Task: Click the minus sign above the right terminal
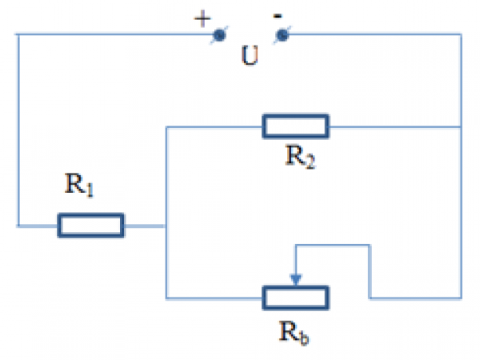point(278,15)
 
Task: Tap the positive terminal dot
point(218,35)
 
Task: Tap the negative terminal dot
point(282,35)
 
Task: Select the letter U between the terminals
point(250,59)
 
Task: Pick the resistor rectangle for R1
point(90,226)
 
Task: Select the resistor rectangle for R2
point(295,126)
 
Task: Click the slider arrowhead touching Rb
point(296,280)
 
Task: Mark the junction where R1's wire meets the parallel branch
point(165,226)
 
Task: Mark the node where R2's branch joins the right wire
point(462,126)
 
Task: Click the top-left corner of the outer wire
point(18,34)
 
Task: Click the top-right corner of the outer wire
point(462,34)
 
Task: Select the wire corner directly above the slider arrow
point(296,246)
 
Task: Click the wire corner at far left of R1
point(18,226)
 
